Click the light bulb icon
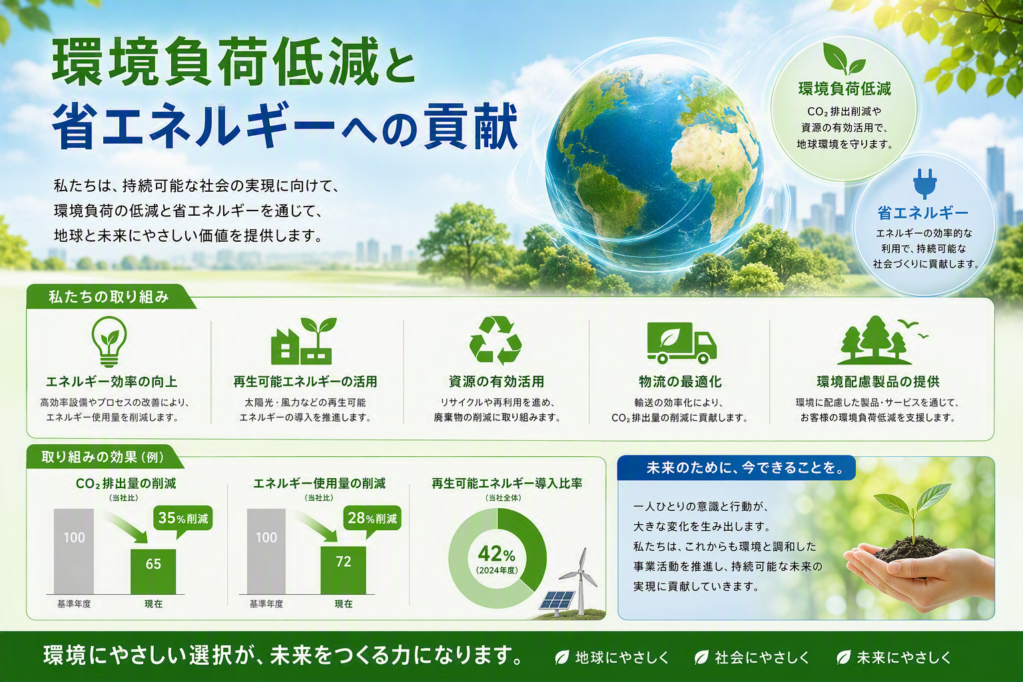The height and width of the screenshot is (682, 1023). click(x=109, y=341)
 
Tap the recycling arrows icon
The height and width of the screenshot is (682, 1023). click(x=496, y=340)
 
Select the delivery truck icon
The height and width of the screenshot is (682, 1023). click(x=681, y=342)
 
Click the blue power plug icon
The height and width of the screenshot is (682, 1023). click(x=925, y=184)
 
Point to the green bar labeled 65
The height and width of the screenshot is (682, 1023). click(x=153, y=571)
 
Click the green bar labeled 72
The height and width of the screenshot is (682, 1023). click(x=343, y=570)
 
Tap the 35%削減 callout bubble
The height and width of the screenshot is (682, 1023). click(x=183, y=520)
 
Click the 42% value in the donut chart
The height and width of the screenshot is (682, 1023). click(x=496, y=555)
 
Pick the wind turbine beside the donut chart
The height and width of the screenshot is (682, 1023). click(x=579, y=581)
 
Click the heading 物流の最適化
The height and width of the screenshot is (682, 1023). click(x=680, y=382)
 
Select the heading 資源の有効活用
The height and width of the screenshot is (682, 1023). click(x=496, y=382)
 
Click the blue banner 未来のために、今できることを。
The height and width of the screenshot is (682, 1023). click(x=736, y=468)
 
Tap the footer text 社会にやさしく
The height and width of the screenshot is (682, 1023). click(x=761, y=657)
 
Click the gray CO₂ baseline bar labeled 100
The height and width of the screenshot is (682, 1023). click(x=74, y=551)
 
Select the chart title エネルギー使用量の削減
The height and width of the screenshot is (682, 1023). click(x=319, y=484)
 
